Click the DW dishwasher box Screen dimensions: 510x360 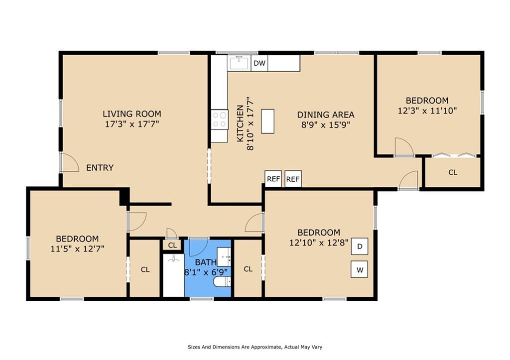[x=259, y=63]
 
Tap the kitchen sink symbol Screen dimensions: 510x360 [x=239, y=63]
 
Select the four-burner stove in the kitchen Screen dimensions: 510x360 [x=220, y=120]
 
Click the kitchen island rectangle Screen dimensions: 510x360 [x=267, y=121]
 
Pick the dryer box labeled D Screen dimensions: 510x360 [x=360, y=246]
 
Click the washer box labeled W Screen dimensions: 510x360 [x=360, y=269]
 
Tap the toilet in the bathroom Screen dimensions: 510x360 [x=222, y=282]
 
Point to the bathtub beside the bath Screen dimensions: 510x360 [x=173, y=275]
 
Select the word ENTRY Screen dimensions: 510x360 [x=100, y=168]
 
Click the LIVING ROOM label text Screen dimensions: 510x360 [x=132, y=114]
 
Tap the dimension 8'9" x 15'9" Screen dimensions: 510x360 [x=326, y=125]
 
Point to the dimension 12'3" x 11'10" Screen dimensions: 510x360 [x=427, y=111]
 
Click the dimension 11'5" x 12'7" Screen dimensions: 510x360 [x=77, y=249]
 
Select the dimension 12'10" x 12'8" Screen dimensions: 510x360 [x=319, y=242]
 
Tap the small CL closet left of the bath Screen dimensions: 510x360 [x=172, y=245]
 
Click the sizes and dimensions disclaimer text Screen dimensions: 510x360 [x=255, y=347]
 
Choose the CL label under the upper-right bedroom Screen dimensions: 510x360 [x=453, y=172]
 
